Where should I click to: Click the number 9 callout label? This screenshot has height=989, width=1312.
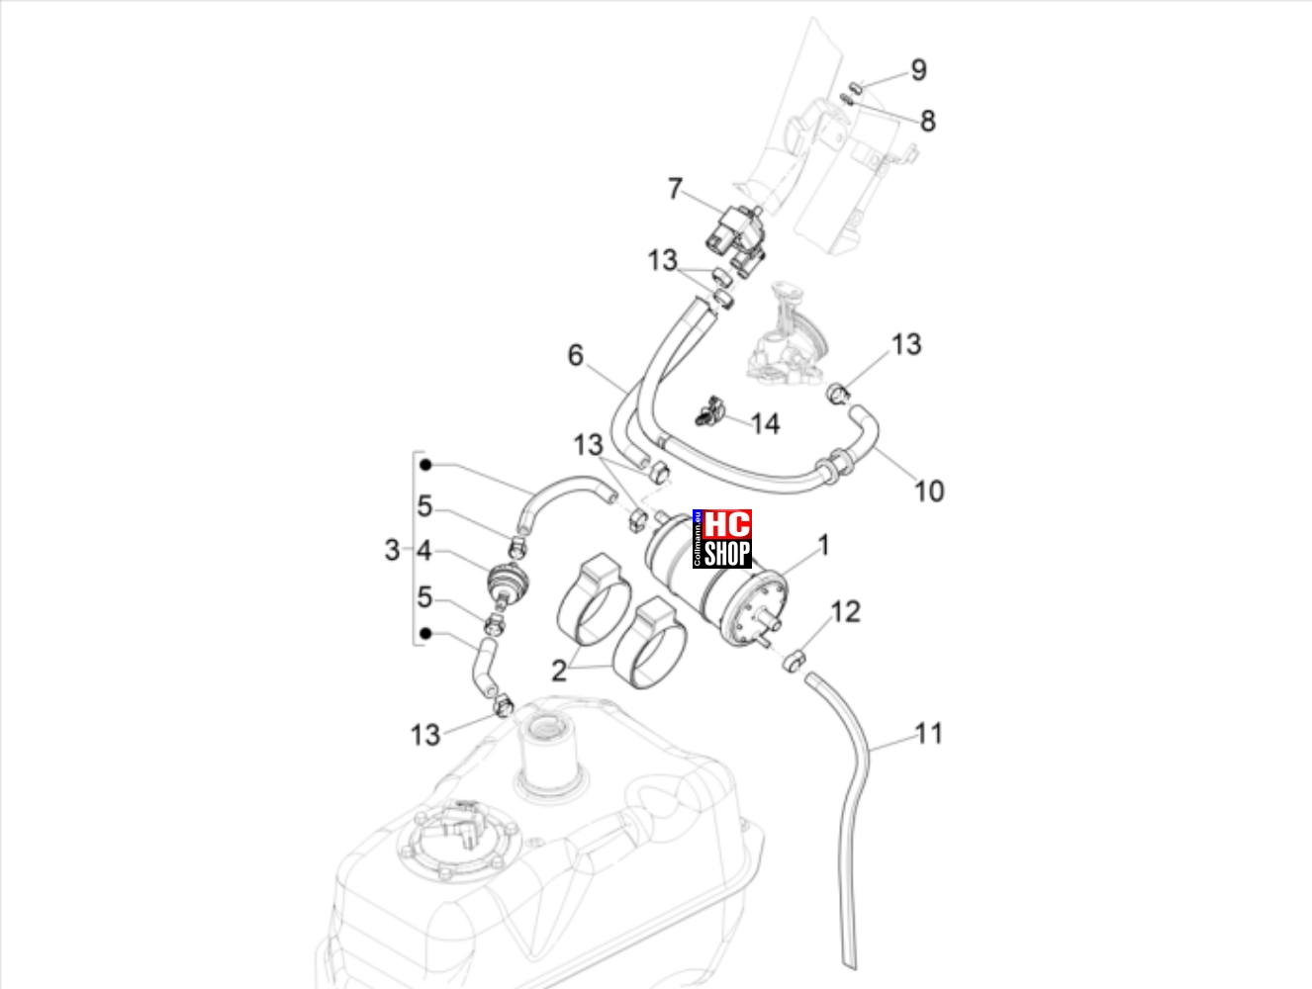coord(919,70)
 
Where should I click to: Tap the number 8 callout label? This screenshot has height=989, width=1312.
coord(928,122)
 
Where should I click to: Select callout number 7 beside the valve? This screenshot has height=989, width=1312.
coord(675,189)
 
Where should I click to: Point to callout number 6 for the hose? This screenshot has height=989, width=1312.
coord(575,355)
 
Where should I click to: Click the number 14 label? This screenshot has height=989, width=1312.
coord(765,424)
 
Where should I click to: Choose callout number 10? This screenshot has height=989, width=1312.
coord(929,491)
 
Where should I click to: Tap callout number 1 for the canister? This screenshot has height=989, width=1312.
coord(823,545)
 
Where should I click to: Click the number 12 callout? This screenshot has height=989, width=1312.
coord(846,611)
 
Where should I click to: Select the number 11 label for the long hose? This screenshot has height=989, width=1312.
coord(929,734)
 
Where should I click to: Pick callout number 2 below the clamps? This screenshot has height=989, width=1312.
coord(559,672)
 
